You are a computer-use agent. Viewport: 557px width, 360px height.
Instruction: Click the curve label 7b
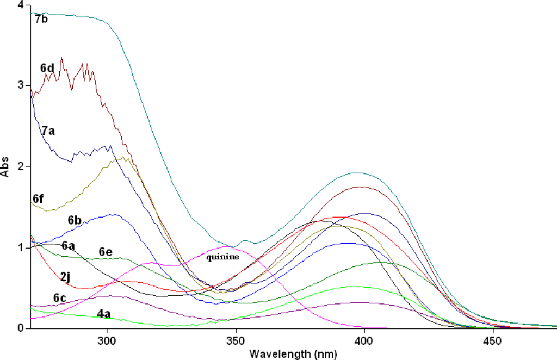coord(42,20)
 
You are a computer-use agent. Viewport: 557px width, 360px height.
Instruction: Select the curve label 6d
coord(47,68)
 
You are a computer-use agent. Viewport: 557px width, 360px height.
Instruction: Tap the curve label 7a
coord(48,131)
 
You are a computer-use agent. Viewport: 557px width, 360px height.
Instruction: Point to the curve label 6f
coord(38,199)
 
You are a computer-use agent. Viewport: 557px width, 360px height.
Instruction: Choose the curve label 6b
coord(75,220)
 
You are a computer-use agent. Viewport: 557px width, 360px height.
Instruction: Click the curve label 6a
coord(68,246)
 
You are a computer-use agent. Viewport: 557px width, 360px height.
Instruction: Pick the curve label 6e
coord(106,251)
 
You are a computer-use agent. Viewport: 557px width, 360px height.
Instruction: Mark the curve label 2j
coord(65,277)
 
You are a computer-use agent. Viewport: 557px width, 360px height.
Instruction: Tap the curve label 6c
coord(60,298)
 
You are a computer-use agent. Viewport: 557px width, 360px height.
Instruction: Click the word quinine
coord(222,257)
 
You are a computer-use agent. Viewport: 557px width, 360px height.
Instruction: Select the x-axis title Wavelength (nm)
coord(293,354)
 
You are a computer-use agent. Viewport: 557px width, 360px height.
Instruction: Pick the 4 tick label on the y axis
coord(20,5)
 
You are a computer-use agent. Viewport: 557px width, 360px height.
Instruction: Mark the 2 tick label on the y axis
coord(20,167)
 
